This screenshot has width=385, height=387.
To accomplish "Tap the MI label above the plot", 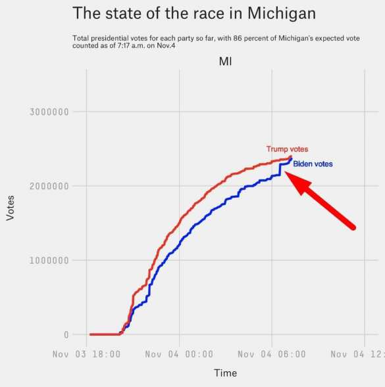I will [225, 61].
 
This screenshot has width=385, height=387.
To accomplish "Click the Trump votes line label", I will [287, 149].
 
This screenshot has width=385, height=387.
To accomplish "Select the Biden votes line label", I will [313, 164].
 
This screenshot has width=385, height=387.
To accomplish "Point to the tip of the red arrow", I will [286, 173].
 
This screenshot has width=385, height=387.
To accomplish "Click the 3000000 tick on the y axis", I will [49, 112].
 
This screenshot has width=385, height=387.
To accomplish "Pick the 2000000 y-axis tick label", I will [49, 186].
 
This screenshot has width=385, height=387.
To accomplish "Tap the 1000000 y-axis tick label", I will [49, 260].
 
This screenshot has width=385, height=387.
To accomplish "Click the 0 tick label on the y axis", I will [66, 334].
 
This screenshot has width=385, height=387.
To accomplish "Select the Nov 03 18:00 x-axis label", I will [87, 354].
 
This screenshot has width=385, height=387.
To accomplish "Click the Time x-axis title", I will [225, 373].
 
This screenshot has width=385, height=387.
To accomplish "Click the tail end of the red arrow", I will [353, 227].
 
